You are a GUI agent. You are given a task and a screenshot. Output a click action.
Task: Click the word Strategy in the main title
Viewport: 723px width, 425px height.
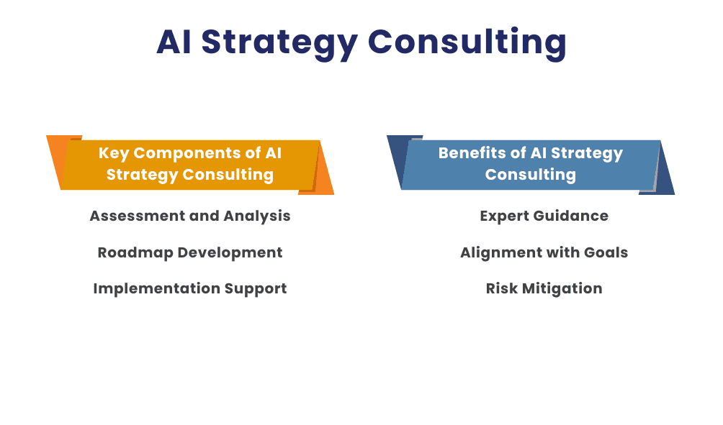[279, 42]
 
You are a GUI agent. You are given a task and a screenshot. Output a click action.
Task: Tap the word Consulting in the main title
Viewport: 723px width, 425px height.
[467, 42]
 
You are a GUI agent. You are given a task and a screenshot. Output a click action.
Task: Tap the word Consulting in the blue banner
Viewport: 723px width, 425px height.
[530, 175]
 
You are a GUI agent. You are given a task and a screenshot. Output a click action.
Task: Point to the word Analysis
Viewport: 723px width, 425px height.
[257, 216]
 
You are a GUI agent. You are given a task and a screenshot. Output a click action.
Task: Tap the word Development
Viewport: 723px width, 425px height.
[230, 253]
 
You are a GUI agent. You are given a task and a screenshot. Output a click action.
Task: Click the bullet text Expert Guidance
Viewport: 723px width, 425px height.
[544, 216]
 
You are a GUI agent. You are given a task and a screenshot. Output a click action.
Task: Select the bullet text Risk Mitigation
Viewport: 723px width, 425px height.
[544, 288]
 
